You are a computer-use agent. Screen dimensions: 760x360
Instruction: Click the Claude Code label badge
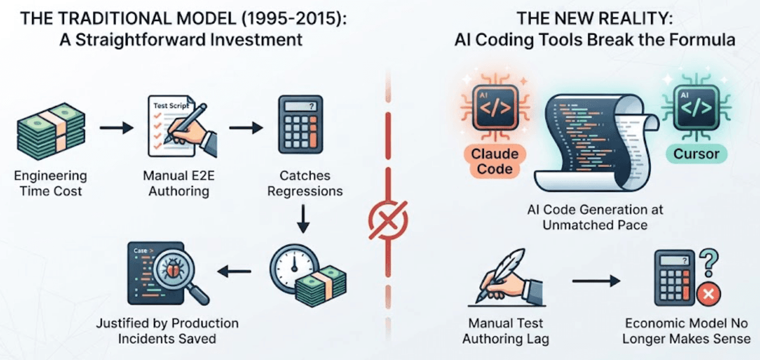click(495, 162)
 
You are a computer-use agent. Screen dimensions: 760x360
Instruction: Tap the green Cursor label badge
click(696, 154)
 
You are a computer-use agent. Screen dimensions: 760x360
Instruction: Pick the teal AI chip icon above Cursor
click(696, 107)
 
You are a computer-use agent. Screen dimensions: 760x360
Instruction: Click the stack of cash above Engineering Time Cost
click(51, 131)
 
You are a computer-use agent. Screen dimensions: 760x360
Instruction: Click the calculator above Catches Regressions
click(301, 125)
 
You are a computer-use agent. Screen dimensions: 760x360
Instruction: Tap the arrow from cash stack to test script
click(117, 128)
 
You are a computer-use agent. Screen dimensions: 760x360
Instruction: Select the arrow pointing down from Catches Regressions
click(303, 218)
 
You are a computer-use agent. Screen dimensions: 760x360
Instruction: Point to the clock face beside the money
click(294, 268)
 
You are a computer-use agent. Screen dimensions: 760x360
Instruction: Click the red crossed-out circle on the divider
click(388, 220)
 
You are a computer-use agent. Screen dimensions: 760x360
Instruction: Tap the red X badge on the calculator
click(709, 294)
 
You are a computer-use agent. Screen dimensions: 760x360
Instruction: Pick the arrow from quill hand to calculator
click(596, 281)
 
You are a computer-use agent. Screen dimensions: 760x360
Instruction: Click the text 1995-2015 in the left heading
click(293, 18)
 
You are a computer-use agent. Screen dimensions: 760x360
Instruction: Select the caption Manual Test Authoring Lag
click(505, 331)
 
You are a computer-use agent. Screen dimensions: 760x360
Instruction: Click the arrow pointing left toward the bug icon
click(234, 271)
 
